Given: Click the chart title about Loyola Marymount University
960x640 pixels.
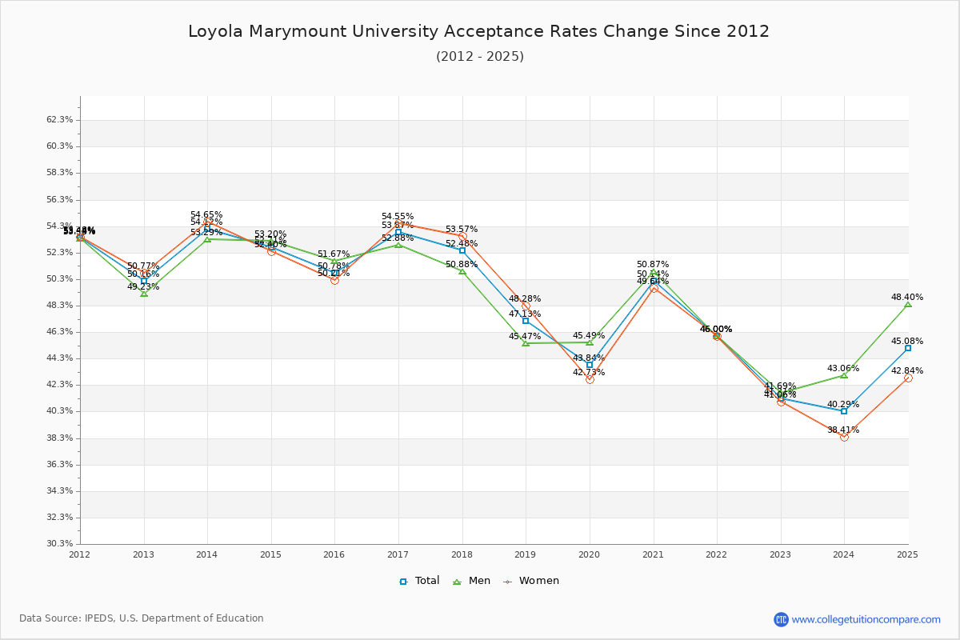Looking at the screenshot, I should click(478, 32).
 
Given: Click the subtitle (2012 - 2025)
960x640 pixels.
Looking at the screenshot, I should click(479, 57).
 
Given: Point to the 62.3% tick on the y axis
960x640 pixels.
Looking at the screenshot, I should click(60, 120).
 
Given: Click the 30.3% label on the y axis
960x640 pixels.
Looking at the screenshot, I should click(60, 544).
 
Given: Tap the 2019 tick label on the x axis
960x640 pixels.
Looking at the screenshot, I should click(525, 554).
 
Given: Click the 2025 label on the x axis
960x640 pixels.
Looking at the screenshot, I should click(907, 554).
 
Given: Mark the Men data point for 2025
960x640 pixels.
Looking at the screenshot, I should click(908, 305).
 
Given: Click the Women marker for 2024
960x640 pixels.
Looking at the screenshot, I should click(844, 437).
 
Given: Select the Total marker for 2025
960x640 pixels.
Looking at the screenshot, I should click(908, 348).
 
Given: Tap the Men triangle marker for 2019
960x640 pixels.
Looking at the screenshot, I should click(526, 343).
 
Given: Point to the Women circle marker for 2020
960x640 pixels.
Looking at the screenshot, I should click(590, 379).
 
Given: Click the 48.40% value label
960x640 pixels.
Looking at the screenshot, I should click(907, 297).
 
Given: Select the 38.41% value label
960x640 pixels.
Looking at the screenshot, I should click(843, 430).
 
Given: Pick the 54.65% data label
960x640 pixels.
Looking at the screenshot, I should click(206, 214).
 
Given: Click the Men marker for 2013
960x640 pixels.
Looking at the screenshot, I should click(144, 294).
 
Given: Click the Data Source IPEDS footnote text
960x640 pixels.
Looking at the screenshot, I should click(142, 618).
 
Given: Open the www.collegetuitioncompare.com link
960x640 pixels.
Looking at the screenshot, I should click(866, 619).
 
